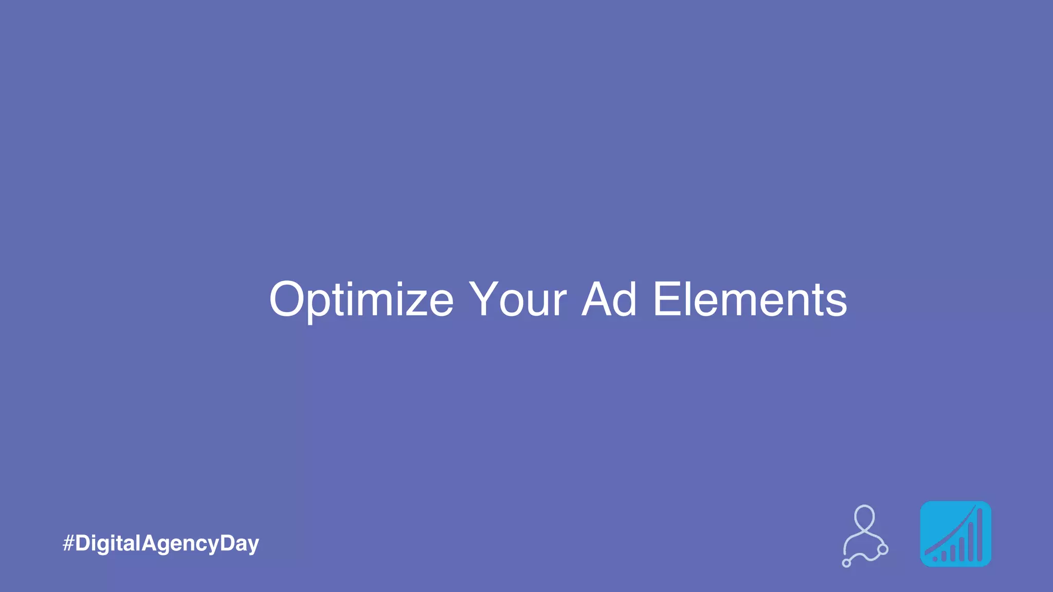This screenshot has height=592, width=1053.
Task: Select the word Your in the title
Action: [517, 299]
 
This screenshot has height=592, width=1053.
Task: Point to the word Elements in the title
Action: [750, 299]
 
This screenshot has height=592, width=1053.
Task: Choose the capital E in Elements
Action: [667, 299]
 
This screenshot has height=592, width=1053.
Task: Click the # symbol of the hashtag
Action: [68, 543]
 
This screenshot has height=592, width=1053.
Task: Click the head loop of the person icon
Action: [864, 516]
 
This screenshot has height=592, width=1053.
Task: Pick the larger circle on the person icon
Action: [883, 549]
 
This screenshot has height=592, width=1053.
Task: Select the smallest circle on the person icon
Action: [846, 563]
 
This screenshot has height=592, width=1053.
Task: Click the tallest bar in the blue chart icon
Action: [979, 535]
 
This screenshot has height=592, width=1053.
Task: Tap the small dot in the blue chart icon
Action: [935, 559]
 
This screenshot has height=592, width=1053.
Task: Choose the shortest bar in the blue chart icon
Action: [943, 557]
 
